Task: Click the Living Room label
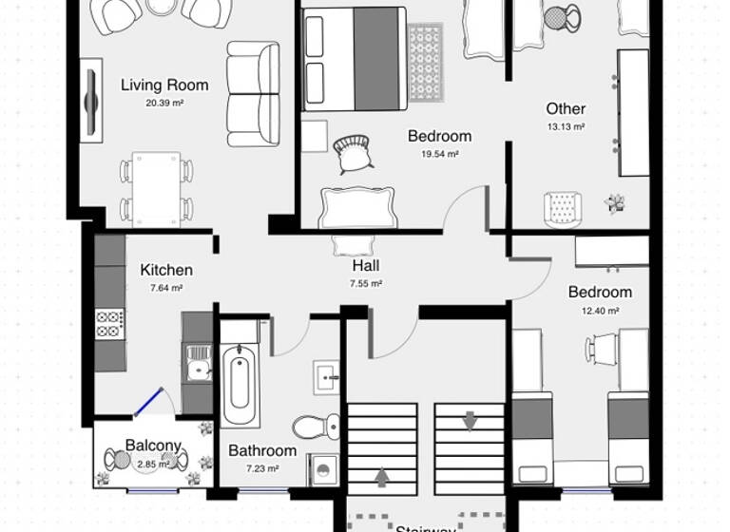pyautogui.click(x=164, y=85)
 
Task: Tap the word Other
pyautogui.click(x=566, y=108)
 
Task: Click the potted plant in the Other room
pyautogui.click(x=616, y=201)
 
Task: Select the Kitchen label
pyautogui.click(x=166, y=270)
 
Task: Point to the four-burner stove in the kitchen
pyautogui.click(x=109, y=323)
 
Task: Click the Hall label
pyautogui.click(x=366, y=267)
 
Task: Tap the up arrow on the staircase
pyautogui.click(x=383, y=476)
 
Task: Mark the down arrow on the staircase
pyautogui.click(x=470, y=419)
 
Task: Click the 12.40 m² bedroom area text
pyautogui.click(x=600, y=310)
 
